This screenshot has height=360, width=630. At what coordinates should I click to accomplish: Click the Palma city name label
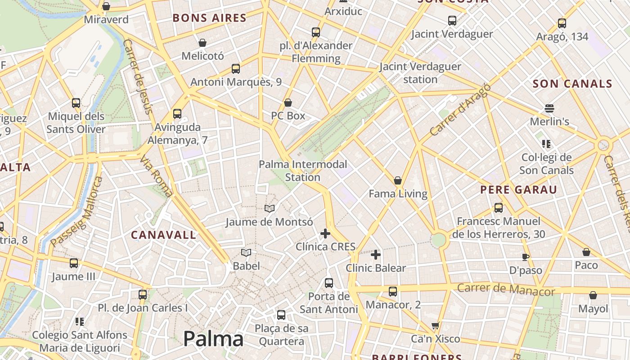pyautogui.click(x=213, y=339)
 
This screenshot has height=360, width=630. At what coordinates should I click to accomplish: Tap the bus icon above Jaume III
pyautogui.click(x=74, y=263)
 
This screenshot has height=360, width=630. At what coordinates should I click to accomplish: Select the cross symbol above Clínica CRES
pyautogui.click(x=325, y=234)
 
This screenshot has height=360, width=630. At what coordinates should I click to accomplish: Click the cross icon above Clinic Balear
pyautogui.click(x=376, y=255)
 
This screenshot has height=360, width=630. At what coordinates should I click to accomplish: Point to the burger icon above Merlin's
pyautogui.click(x=549, y=108)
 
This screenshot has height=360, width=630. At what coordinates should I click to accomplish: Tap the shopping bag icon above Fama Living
pyautogui.click(x=398, y=181)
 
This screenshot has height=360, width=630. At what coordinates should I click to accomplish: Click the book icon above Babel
pyautogui.click(x=246, y=253)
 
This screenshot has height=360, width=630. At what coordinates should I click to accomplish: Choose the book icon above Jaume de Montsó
pyautogui.click(x=270, y=209)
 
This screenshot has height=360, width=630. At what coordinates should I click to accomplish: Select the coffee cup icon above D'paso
pyautogui.click(x=525, y=257)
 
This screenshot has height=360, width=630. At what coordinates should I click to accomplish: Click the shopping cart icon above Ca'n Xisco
pyautogui.click(x=435, y=325)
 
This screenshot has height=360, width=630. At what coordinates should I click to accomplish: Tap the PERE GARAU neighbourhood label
pyautogui.click(x=518, y=190)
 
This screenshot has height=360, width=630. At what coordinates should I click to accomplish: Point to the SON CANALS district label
pyautogui.click(x=572, y=84)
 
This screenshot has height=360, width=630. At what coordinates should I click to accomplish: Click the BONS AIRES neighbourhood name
pyautogui.click(x=210, y=18)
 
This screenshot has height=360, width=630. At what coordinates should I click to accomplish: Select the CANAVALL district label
pyautogui.click(x=164, y=235)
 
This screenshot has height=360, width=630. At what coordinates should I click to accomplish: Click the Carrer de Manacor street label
pyautogui.click(x=506, y=289)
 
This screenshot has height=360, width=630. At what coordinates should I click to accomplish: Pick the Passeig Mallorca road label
pyautogui.click(x=76, y=212)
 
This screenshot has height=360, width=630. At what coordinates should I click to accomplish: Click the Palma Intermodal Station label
pyautogui.click(x=303, y=171)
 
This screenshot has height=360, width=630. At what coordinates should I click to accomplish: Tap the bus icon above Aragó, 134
pyautogui.click(x=562, y=23)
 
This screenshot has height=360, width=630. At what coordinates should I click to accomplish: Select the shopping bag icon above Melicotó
pyautogui.click(x=202, y=43)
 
